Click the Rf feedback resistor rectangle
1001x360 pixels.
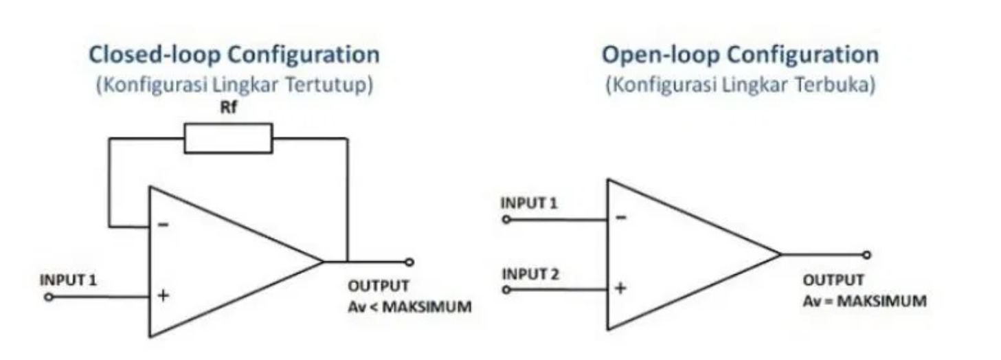click(x=227, y=138)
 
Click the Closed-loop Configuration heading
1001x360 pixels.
click(x=234, y=55)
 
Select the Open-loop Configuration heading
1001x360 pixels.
click(x=740, y=55)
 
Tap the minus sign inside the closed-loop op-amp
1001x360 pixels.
click(x=165, y=225)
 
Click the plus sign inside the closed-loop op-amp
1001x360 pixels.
click(x=164, y=296)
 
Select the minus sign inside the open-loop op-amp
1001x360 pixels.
click(x=620, y=218)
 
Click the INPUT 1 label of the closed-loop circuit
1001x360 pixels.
click(x=69, y=280)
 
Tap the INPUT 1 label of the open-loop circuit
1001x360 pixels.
click(x=530, y=203)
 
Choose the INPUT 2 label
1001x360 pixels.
click(x=530, y=274)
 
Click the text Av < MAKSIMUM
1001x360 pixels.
click(x=409, y=306)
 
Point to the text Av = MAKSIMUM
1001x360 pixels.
click(x=864, y=301)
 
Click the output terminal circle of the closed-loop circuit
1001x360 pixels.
click(x=409, y=262)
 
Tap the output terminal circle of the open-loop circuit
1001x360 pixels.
click(x=867, y=255)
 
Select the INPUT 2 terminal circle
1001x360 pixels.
click(x=506, y=290)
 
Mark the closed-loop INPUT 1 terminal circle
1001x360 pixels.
click(x=48, y=297)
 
